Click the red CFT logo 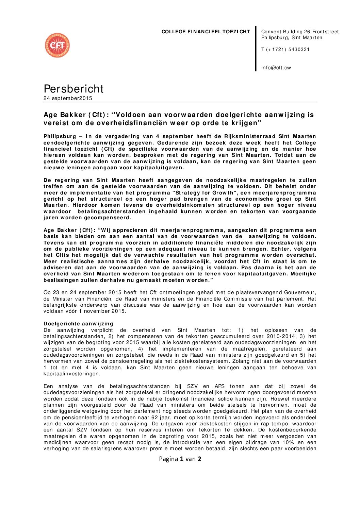click(x=57, y=45)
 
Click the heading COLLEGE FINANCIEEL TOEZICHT click(x=206, y=32)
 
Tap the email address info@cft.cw click(x=276, y=68)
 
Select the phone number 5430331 click(x=299, y=50)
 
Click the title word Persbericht click(x=73, y=89)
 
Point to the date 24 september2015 click(x=68, y=98)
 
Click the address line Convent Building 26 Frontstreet click(x=300, y=32)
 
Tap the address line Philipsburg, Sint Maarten click(x=292, y=38)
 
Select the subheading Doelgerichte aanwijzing click(x=78, y=324)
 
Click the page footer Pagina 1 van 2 click(x=180, y=459)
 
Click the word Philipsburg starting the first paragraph click(x=60, y=136)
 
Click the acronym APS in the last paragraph click(x=220, y=386)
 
